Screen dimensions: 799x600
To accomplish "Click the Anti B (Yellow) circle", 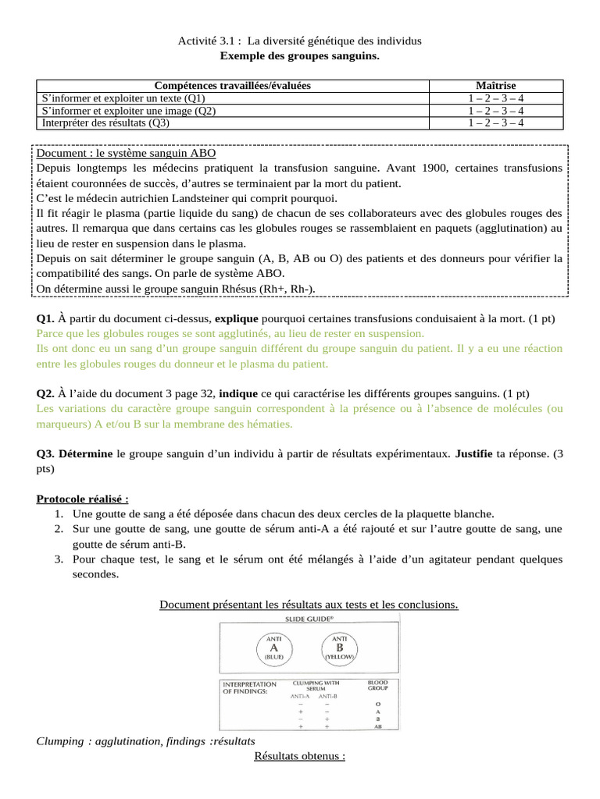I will (340, 647).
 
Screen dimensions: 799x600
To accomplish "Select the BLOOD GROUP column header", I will (377, 686).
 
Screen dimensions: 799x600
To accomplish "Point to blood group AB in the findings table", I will (377, 726).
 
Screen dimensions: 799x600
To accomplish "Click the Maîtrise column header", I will (496, 85).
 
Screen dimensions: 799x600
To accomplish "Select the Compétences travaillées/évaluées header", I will (233, 85).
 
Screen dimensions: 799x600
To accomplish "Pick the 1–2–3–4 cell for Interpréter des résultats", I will (496, 123).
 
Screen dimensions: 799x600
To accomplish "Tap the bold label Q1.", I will (45, 319).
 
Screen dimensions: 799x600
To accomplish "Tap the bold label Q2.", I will (45, 394).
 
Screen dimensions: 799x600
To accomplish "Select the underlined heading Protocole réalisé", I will (83, 499).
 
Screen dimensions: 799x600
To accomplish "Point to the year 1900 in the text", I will (435, 168).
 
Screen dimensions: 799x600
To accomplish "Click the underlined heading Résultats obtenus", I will (300, 756).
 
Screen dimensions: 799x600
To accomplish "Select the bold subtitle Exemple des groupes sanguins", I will (300, 56).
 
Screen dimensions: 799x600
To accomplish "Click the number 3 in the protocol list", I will (59, 559).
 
